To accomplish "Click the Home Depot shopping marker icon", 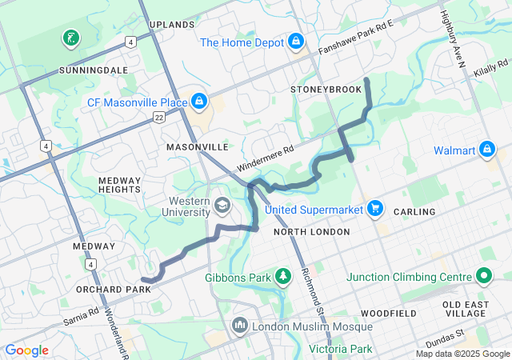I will (295, 39).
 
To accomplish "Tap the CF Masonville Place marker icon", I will (198, 102).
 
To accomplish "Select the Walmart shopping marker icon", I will (486, 150).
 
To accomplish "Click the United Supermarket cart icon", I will (375, 209).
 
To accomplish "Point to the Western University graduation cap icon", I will (222, 207).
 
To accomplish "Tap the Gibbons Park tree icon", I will (282, 277).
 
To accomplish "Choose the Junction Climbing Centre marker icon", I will (483, 277).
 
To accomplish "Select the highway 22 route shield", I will (160, 118).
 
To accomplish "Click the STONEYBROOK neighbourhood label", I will (326, 89).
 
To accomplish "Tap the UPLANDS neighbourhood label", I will (172, 25).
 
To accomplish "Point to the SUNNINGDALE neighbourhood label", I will (94, 70).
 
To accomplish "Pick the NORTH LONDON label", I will (311, 232).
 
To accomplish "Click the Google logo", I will (26, 350).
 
